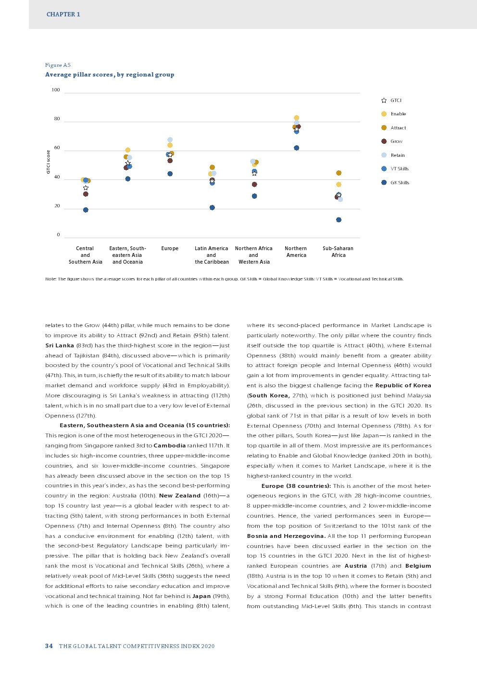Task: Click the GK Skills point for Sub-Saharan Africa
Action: coord(339,220)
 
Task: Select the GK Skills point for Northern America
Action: coord(296,148)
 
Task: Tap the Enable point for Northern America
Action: coord(296,118)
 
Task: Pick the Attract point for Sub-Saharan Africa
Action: coord(339,173)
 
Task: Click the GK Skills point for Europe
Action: coord(170,174)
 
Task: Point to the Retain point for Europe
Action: coord(170,140)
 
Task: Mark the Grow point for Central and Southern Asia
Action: coord(86,194)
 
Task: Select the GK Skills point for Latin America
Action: coord(212,208)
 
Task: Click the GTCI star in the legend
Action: coord(384,101)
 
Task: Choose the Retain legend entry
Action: coord(397,155)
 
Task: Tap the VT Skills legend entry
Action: coord(399,169)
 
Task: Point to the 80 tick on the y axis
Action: coord(57,119)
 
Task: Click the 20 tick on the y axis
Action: coord(57,206)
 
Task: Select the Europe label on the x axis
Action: coord(170,249)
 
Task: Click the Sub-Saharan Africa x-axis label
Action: coord(338,252)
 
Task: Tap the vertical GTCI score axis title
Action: coord(48,162)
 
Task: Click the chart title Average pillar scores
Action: coord(110,75)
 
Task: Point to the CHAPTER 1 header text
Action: coord(63,14)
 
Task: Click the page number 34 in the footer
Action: coord(49,646)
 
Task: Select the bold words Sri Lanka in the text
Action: coord(60,345)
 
